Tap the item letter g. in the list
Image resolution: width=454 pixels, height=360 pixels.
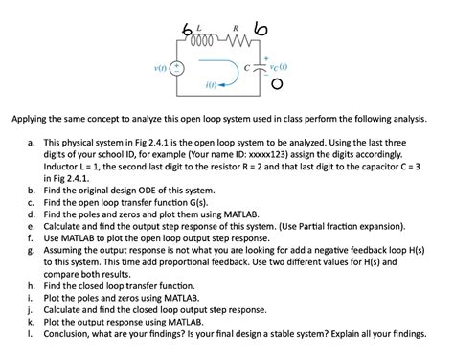pos(33,246)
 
